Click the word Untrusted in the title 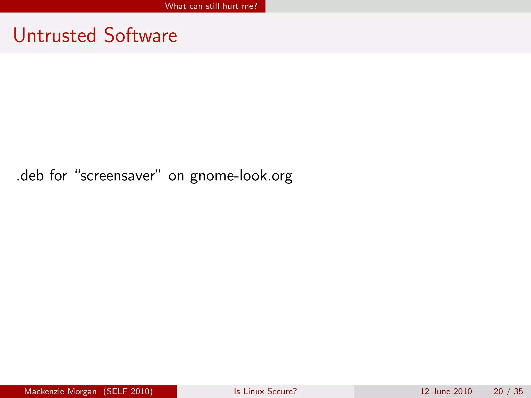(x=55, y=35)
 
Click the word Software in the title (x=141, y=35)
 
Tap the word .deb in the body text (x=30, y=176)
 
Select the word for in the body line (x=58, y=176)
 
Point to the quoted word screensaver (x=118, y=176)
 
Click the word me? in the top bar (x=249, y=6)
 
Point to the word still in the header (x=213, y=6)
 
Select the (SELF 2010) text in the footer (x=128, y=391)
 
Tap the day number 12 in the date (x=425, y=391)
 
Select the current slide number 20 (x=498, y=391)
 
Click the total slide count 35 (x=518, y=391)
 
